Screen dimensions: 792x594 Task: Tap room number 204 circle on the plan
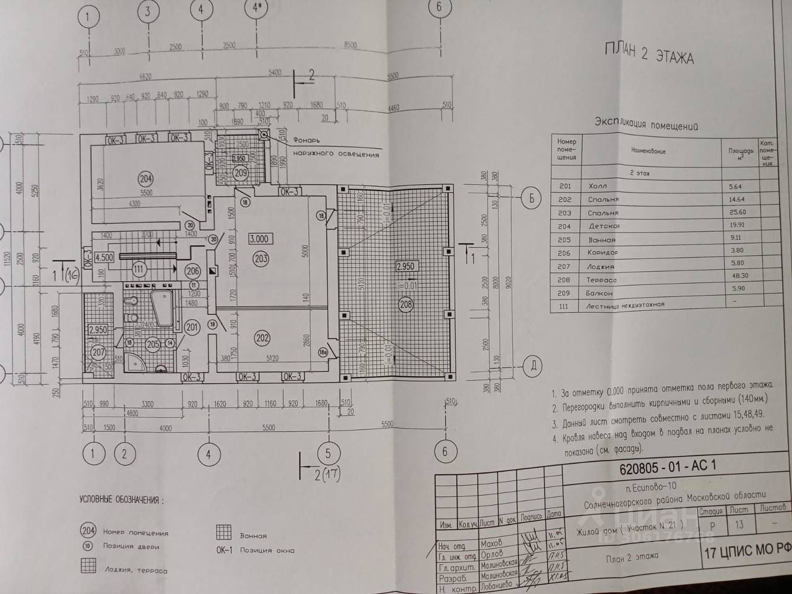pos(145,179)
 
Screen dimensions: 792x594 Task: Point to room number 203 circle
pos(260,259)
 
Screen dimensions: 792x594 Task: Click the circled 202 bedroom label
pos(262,338)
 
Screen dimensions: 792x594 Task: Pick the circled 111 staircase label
pos(139,269)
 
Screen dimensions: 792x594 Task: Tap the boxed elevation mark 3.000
pos(259,239)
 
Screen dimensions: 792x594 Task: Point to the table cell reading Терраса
pos(601,280)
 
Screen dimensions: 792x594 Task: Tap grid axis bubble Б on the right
pos(531,199)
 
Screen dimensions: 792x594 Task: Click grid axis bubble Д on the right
pos(532,366)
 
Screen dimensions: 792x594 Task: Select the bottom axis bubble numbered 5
pos(328,453)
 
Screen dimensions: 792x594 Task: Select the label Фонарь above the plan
pos(306,140)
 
